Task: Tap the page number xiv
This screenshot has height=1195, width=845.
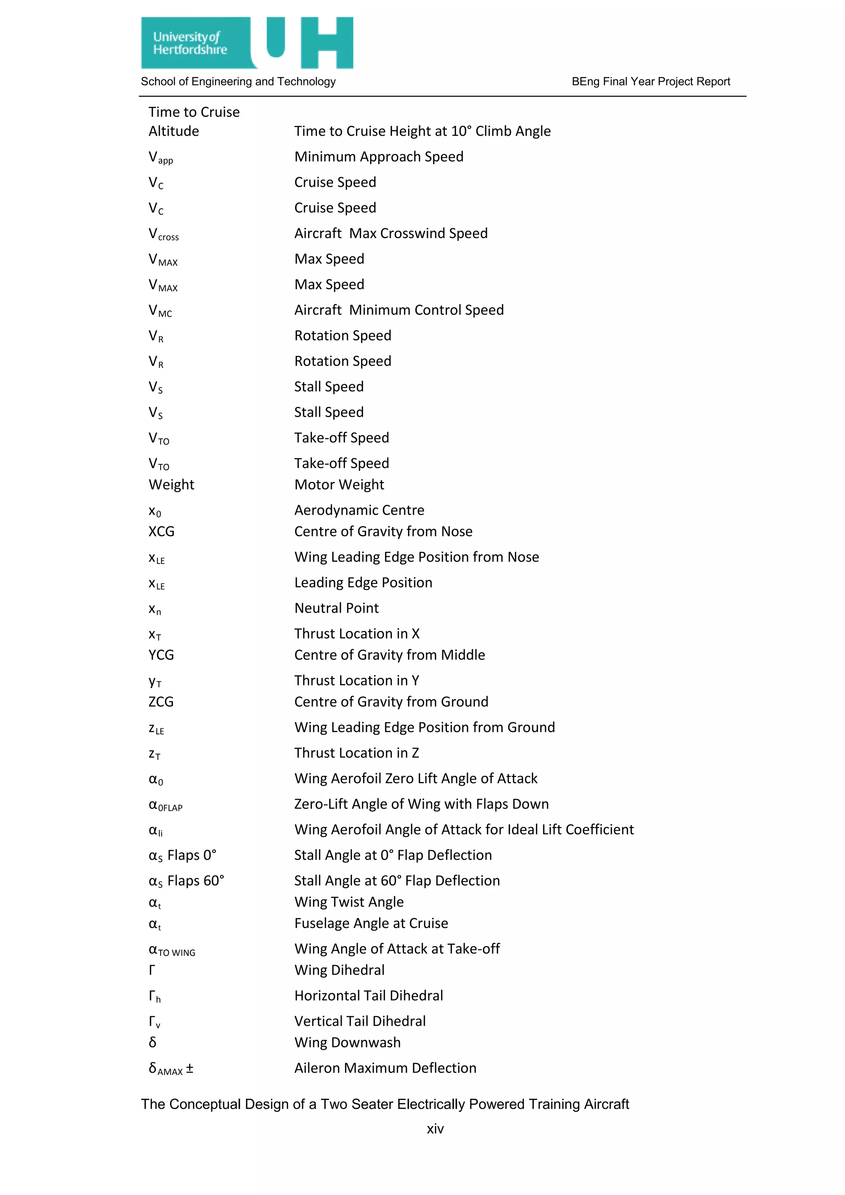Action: pyautogui.click(x=435, y=1129)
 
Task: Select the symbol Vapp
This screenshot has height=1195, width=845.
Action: pyautogui.click(x=160, y=158)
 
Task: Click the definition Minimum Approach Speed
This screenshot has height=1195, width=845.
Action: pyautogui.click(x=378, y=157)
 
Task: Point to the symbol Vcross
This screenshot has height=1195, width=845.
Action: pyautogui.click(x=163, y=234)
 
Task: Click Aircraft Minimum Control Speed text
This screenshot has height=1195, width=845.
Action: pyautogui.click(x=399, y=310)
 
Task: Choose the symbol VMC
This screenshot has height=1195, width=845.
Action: pyautogui.click(x=160, y=311)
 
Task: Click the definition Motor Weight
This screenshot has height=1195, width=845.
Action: pyautogui.click(x=339, y=484)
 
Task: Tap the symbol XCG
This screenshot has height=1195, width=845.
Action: pyautogui.click(x=161, y=531)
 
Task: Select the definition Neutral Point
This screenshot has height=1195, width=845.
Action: pyautogui.click(x=336, y=608)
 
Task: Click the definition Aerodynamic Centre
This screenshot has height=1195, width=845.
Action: pyautogui.click(x=359, y=510)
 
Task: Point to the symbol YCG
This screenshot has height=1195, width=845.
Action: pyautogui.click(x=161, y=655)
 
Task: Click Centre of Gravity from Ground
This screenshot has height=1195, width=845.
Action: pyautogui.click(x=391, y=701)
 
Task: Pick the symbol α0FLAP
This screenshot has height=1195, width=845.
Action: pyautogui.click(x=165, y=805)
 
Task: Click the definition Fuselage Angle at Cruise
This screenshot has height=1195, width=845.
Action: pyautogui.click(x=371, y=923)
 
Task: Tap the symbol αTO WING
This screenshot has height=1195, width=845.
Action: pyautogui.click(x=172, y=950)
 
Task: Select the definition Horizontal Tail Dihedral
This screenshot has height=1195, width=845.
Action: pyautogui.click(x=368, y=996)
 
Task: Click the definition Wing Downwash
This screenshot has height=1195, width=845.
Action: pyautogui.click(x=347, y=1042)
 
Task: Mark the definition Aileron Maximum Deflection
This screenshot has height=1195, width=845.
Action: pyautogui.click(x=385, y=1068)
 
